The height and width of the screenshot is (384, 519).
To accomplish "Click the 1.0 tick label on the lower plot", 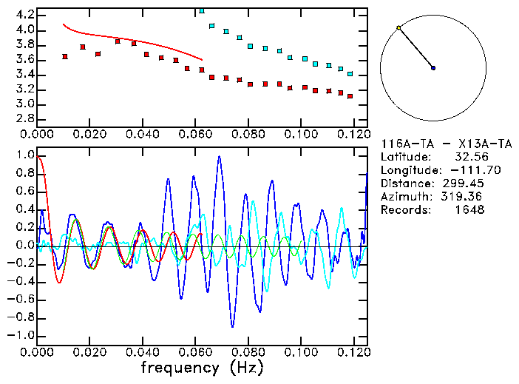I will [x=25, y=155].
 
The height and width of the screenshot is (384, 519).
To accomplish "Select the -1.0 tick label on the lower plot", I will [x=22, y=335].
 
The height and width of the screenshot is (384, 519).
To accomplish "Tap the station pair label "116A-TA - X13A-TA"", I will [x=446, y=144].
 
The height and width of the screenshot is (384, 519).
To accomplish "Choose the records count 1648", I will [x=469, y=210].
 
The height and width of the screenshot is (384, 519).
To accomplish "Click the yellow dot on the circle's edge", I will [x=398, y=28].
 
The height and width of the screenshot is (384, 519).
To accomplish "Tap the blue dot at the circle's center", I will [x=433, y=68].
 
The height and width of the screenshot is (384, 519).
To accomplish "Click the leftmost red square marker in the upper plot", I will [x=65, y=56].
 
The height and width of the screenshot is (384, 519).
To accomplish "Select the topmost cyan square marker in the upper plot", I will [x=202, y=11].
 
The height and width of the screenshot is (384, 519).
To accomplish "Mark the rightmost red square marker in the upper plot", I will [x=350, y=96].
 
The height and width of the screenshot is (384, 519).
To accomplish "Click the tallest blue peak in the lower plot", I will [x=219, y=157].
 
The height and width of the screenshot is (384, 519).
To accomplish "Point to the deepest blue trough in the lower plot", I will [x=232, y=326].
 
